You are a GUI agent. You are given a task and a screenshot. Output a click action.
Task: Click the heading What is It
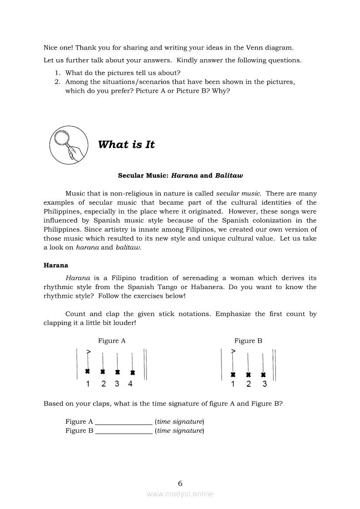[x=126, y=145]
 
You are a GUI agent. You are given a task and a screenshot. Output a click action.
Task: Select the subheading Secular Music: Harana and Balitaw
[x=180, y=175]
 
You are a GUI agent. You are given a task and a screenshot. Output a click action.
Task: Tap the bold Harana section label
[x=56, y=265]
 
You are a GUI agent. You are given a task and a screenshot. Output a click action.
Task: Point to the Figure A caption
[x=112, y=341]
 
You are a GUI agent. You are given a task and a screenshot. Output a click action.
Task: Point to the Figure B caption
[x=248, y=341]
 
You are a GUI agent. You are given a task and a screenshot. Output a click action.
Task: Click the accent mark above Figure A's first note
[x=88, y=351]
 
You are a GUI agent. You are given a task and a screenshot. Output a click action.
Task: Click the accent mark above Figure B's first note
[x=234, y=351]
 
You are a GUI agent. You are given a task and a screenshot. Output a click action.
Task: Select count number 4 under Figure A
[x=130, y=384]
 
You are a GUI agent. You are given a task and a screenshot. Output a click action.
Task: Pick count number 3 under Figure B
[x=265, y=384]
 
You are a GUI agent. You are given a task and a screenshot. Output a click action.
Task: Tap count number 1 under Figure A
[x=88, y=384]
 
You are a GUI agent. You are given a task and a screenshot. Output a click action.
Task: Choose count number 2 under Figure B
[x=248, y=384]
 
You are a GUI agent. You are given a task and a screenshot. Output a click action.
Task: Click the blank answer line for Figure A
[x=124, y=422]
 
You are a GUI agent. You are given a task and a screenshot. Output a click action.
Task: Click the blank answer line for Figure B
[x=124, y=431]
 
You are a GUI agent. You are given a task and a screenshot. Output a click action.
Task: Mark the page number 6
[x=180, y=483]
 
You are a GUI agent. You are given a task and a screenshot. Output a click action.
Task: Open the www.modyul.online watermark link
[x=180, y=494]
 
